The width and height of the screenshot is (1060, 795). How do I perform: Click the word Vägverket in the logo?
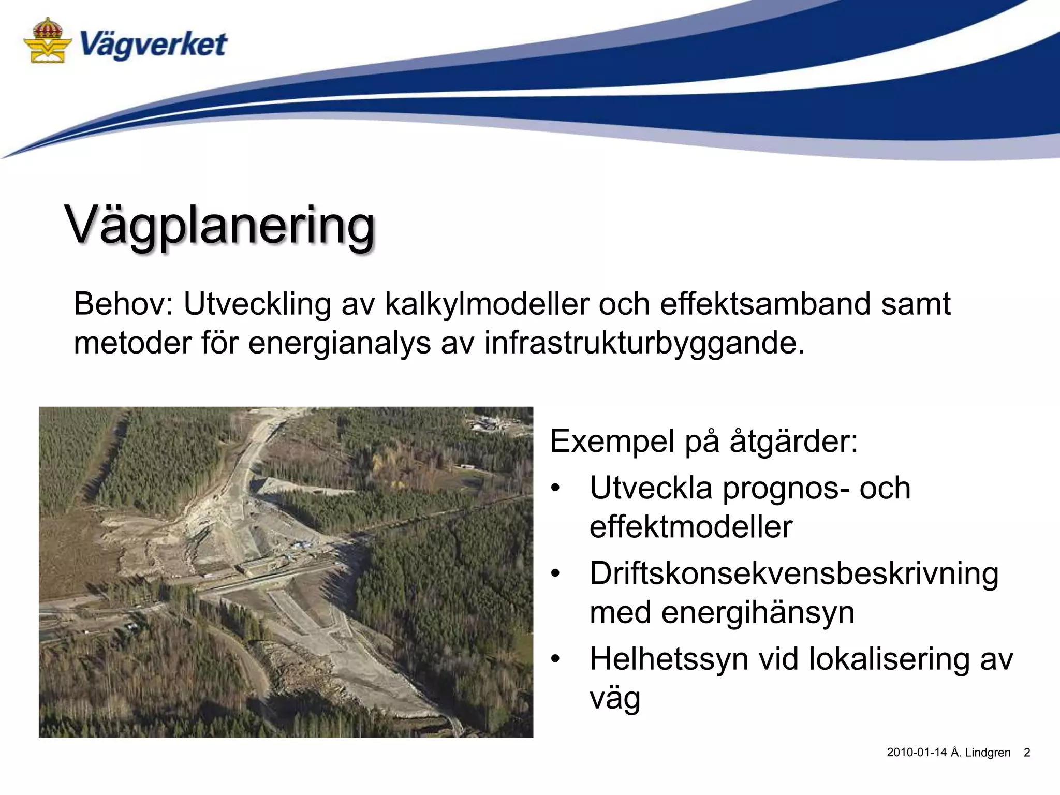pyautogui.click(x=153, y=45)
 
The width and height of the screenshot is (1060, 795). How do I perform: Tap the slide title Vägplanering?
pyautogui.click(x=219, y=226)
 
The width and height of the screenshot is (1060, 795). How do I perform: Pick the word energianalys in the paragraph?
pyautogui.click(x=339, y=343)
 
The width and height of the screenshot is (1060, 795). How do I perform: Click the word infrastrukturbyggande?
pyautogui.click(x=644, y=343)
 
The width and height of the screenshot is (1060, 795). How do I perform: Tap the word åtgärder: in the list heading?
pyautogui.click(x=793, y=441)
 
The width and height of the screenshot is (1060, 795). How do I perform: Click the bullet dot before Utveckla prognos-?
pyautogui.click(x=556, y=488)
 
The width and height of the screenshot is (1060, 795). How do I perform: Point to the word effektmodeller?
pyautogui.click(x=690, y=527)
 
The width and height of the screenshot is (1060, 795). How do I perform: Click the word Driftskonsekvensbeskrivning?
pyautogui.click(x=794, y=573)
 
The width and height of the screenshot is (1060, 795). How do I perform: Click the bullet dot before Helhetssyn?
pyautogui.click(x=556, y=659)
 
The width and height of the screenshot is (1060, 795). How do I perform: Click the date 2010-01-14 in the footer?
pyautogui.click(x=916, y=753)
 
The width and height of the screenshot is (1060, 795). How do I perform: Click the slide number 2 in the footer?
pyautogui.click(x=1027, y=753)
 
